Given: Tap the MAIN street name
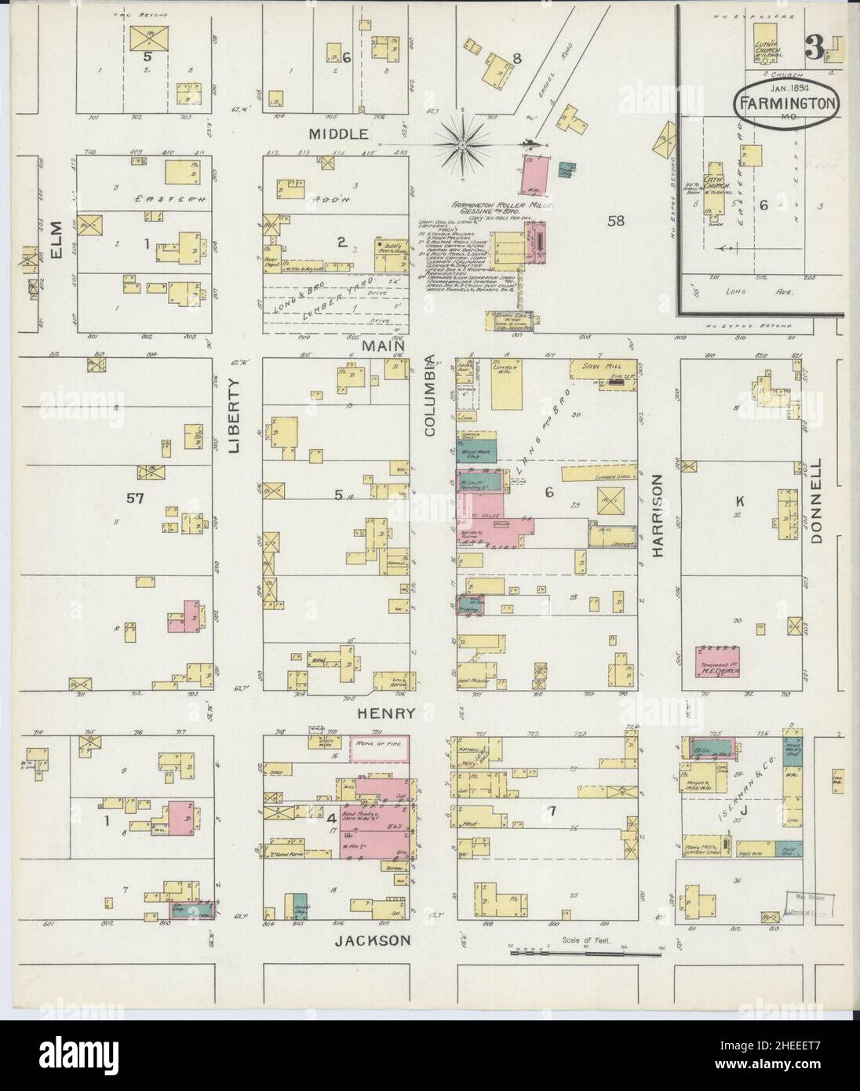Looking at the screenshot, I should (x=383, y=345).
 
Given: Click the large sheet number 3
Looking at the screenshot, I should (x=814, y=51).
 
